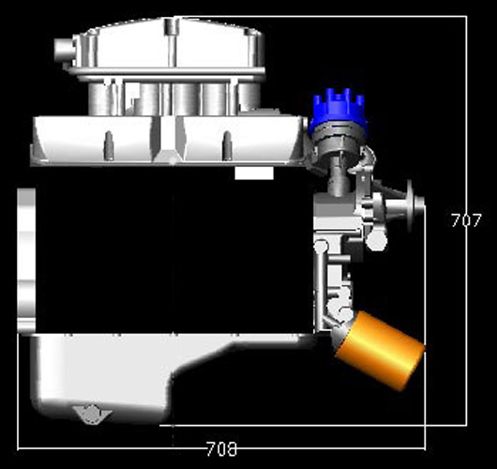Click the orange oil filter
point(380,351)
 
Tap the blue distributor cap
point(339,108)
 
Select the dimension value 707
point(466,220)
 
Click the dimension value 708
point(221,448)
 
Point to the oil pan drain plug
point(92,415)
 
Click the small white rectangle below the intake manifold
point(254,174)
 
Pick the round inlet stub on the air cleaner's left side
point(65,50)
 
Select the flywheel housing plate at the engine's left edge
point(26,260)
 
